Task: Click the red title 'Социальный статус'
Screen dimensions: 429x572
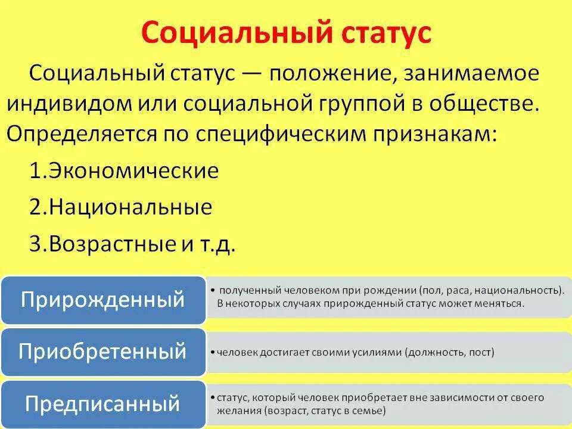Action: tap(285, 33)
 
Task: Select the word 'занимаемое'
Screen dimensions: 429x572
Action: tap(471, 74)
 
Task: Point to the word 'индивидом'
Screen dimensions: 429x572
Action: tap(62, 104)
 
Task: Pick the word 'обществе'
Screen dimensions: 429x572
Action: tap(501, 104)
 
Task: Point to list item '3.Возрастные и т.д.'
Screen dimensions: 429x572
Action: tap(132, 244)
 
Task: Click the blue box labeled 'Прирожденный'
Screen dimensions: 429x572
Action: tap(102, 300)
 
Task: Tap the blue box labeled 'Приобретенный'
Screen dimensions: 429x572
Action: tap(102, 352)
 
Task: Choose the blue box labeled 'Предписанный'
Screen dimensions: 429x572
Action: tap(102, 404)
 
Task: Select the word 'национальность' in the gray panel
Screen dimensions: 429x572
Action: tap(523, 291)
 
